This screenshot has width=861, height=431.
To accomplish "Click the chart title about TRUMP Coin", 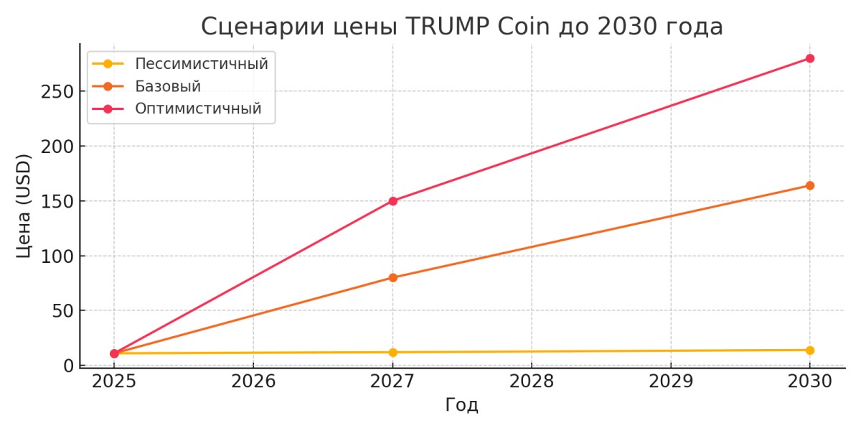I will click(x=461, y=27).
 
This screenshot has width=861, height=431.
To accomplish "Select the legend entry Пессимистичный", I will click(x=201, y=63).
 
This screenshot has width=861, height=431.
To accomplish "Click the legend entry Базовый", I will click(x=168, y=86).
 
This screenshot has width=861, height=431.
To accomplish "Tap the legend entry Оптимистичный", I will click(x=198, y=109).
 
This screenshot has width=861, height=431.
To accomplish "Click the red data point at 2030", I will click(x=809, y=58).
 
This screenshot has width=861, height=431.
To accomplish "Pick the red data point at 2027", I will click(x=392, y=201).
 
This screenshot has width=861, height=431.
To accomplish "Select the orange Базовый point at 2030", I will click(x=809, y=185).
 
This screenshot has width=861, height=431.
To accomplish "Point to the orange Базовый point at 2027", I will click(x=392, y=277).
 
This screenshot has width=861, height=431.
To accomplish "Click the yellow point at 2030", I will click(x=809, y=351).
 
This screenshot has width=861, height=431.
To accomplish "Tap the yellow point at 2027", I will click(x=392, y=353).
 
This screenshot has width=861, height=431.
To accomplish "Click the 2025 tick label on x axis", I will click(x=114, y=381).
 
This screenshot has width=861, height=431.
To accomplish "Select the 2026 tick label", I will click(x=253, y=381).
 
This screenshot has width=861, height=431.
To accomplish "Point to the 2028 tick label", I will click(x=532, y=381).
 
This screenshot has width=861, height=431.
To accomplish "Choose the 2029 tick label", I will click(x=670, y=381).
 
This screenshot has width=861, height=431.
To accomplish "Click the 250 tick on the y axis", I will click(x=57, y=92).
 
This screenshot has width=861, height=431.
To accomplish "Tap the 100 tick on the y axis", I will click(x=57, y=256).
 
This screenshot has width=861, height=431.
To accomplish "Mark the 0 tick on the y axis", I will click(x=69, y=366).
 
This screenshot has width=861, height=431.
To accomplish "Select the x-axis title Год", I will click(x=461, y=405).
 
